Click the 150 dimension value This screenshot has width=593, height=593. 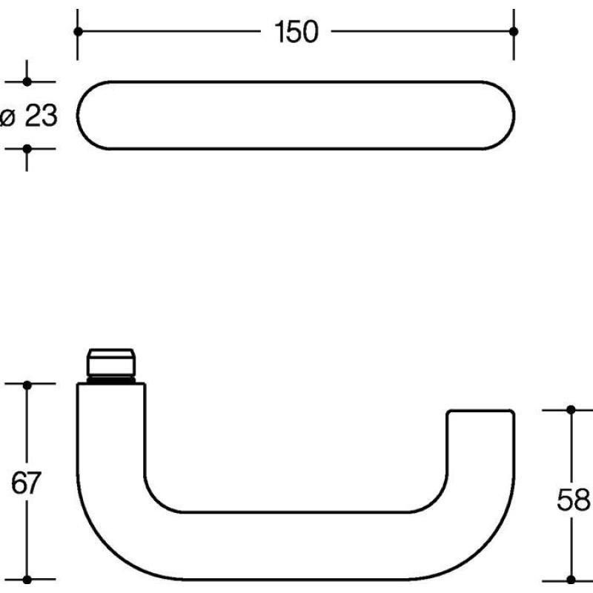[x=296, y=32]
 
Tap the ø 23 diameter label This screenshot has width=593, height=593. [x=29, y=116]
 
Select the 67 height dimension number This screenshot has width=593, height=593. [x=26, y=483]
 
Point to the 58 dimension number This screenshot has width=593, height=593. [x=573, y=500]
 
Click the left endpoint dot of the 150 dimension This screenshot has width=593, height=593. [x=78, y=31]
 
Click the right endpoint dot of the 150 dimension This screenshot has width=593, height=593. [x=514, y=31]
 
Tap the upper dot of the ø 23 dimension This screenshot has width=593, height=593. [x=27, y=82]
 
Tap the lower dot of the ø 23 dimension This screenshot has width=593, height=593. [x=27, y=149]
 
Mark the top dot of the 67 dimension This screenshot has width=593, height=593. [x=27, y=385]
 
